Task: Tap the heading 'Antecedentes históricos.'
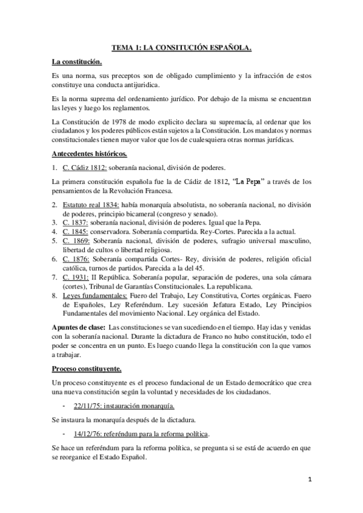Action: coord(90,154)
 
